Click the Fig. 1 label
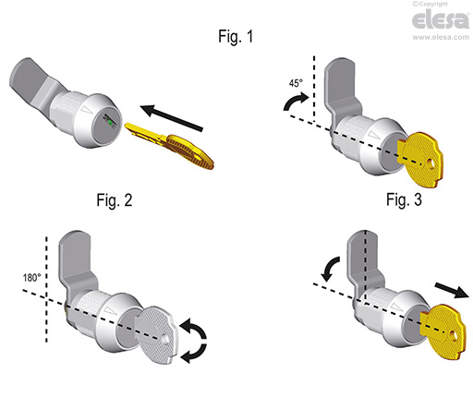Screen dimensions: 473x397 coord(236,36)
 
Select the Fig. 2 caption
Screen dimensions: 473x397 coord(115,200)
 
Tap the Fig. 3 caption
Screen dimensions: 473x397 coord(404,199)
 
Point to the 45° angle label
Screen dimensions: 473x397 coord(296,83)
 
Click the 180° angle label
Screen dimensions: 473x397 coord(32,278)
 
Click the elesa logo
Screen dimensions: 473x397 coord(441,19)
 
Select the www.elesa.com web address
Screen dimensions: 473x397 coord(441,37)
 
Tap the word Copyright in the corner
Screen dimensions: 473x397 coord(433,4)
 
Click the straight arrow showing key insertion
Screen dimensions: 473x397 coord(172,118)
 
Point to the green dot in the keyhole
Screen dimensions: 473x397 coord(110,124)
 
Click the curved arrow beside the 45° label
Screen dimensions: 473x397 coord(296,102)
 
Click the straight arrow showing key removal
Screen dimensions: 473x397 coord(452,291)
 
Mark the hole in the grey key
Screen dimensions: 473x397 coord(164,339)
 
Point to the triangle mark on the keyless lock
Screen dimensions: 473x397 coord(86,109)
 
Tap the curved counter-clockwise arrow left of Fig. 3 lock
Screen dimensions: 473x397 coord(330,269)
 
